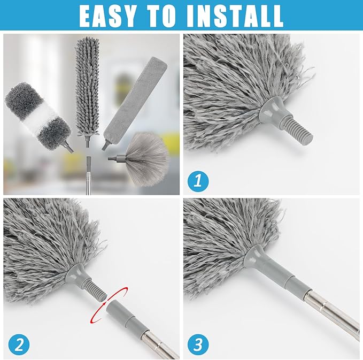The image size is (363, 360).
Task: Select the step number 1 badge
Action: pyautogui.click(x=198, y=181)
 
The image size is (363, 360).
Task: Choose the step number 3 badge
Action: pyautogui.click(x=198, y=344)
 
